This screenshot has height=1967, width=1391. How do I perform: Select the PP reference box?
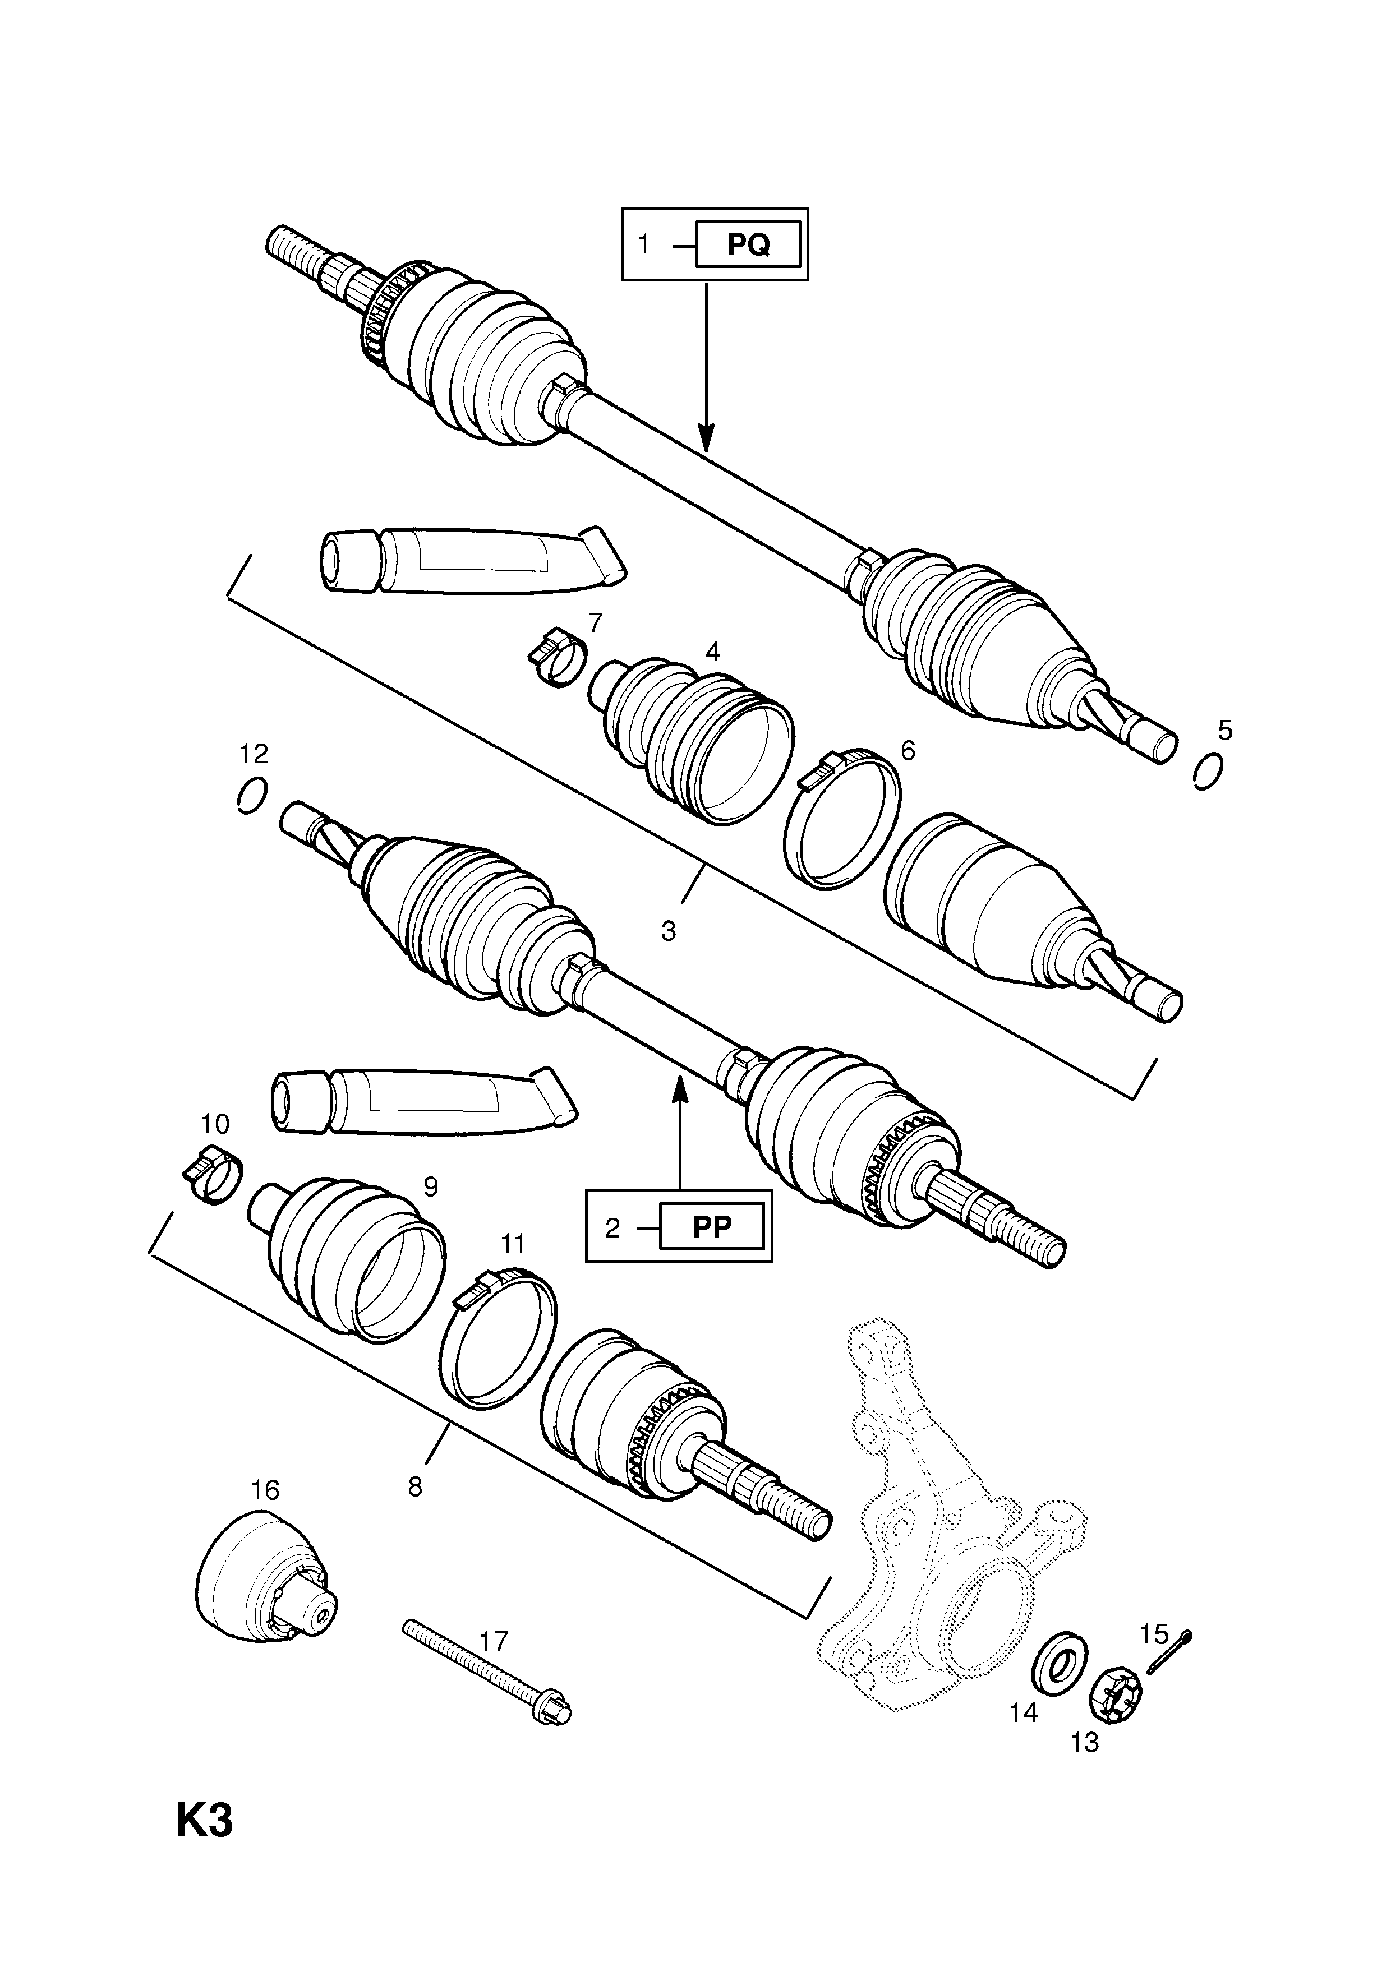(x=711, y=1227)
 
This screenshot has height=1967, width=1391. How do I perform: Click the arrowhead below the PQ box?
(x=706, y=438)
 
